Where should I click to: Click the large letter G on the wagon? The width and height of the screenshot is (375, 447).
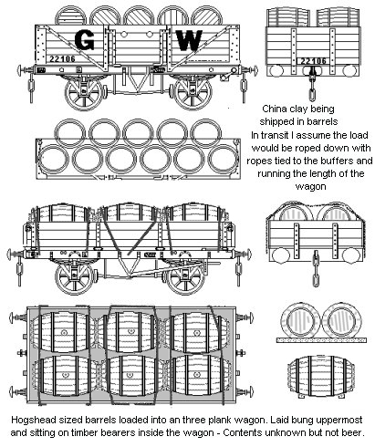point(84,40)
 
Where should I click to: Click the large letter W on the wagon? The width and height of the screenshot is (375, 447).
point(189,40)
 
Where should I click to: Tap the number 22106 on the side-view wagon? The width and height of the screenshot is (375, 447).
point(62,58)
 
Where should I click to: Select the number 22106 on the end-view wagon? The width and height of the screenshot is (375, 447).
point(313,61)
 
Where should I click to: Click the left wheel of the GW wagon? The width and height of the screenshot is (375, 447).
point(84,93)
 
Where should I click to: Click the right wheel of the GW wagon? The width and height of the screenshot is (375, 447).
point(193,93)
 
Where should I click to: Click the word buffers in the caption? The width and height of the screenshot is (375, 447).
point(336,161)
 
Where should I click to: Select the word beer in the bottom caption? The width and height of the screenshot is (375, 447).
point(356,432)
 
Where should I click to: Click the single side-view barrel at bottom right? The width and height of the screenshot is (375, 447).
point(321,377)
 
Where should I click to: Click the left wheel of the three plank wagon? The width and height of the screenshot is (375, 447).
point(74,276)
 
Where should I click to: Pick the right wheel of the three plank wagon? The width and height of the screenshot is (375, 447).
point(184,276)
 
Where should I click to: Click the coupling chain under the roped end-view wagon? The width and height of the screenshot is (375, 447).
point(316,268)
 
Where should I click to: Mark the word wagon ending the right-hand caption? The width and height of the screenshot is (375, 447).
point(310,186)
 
